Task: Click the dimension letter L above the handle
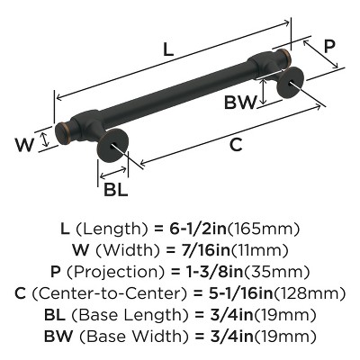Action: pos(166,53)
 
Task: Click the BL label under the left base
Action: pos(114,189)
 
